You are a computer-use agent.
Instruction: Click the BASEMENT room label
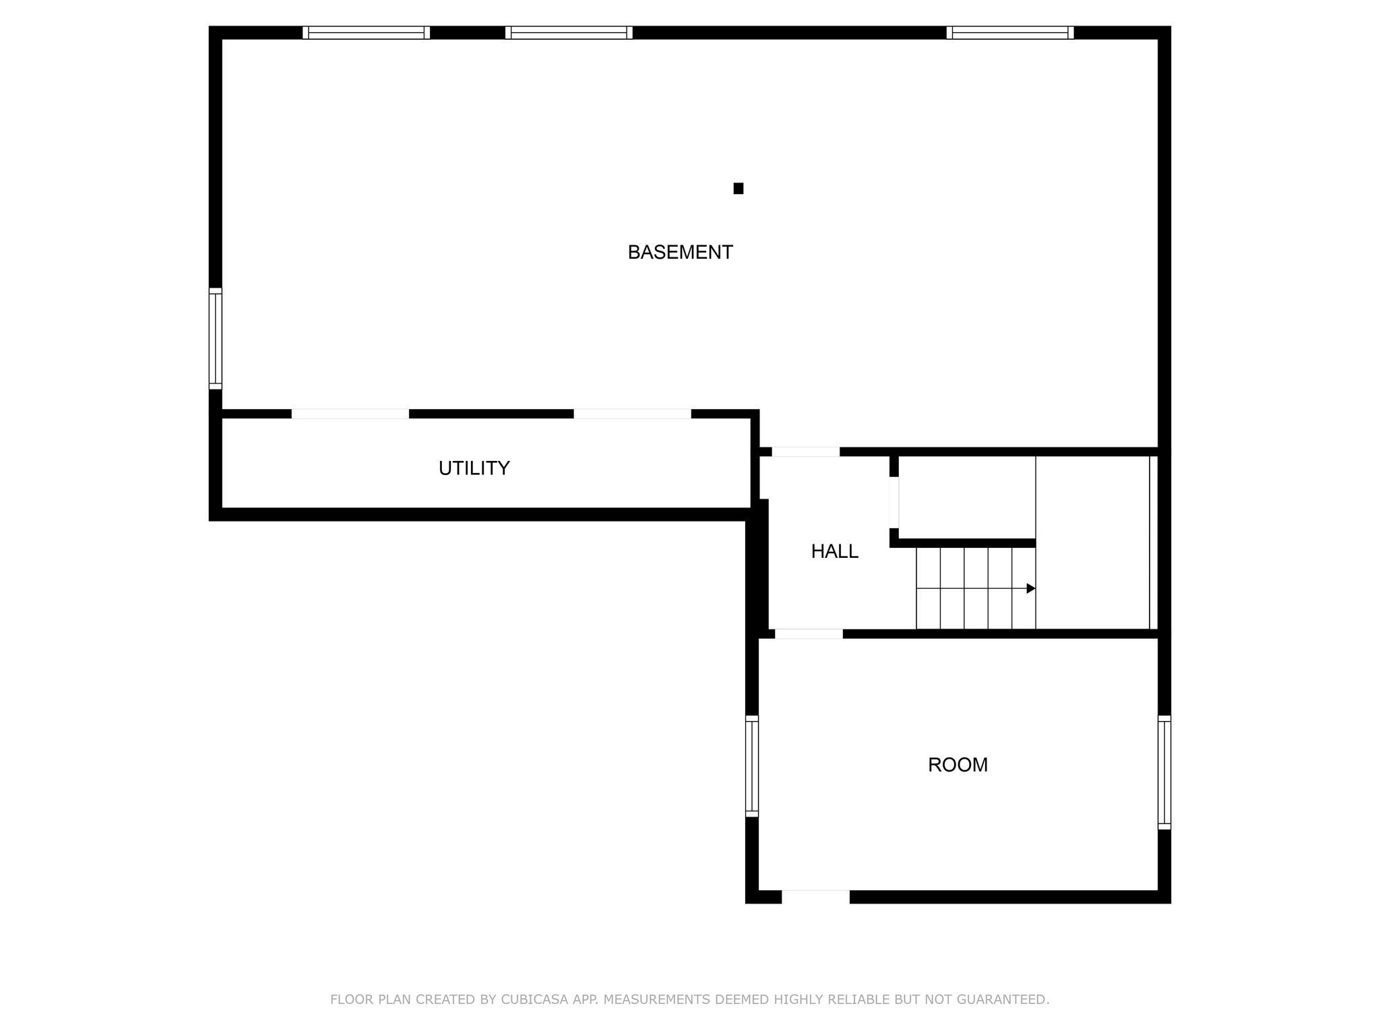(x=680, y=252)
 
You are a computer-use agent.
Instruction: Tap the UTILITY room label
(x=474, y=468)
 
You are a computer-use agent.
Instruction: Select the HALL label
(x=834, y=551)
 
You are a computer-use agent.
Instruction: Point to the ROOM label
(x=958, y=765)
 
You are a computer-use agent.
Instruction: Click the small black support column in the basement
(x=739, y=189)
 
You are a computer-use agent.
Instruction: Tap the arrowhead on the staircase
(x=1031, y=588)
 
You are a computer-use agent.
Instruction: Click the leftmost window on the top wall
(x=366, y=32)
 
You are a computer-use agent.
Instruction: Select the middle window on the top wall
(x=569, y=32)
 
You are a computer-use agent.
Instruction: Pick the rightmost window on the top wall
(x=1010, y=32)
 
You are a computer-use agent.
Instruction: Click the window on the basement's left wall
(x=215, y=338)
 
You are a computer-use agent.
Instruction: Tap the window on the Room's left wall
(x=752, y=766)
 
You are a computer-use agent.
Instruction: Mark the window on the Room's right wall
(x=1164, y=772)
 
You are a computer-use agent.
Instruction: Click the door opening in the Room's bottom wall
(x=815, y=897)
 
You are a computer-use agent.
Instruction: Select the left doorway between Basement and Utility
(x=350, y=414)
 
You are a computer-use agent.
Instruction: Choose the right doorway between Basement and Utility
(x=633, y=414)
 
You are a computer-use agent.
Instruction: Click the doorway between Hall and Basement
(x=806, y=451)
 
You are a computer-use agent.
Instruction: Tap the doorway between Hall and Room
(x=809, y=633)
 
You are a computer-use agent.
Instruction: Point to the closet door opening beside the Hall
(x=894, y=503)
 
